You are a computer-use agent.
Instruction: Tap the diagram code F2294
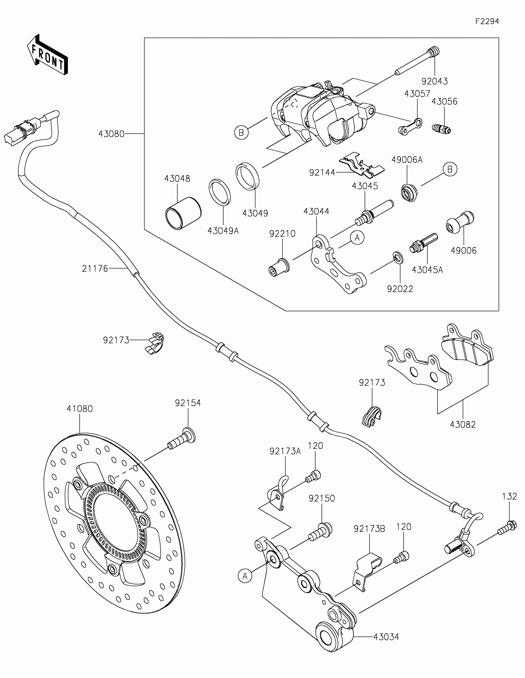(487, 21)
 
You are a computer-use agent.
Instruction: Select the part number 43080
(111, 134)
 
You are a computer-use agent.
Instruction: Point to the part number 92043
(434, 81)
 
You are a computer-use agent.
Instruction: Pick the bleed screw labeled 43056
(442, 128)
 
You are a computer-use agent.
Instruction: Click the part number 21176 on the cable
(95, 268)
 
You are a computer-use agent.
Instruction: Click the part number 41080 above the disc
(80, 409)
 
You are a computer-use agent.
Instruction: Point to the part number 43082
(463, 425)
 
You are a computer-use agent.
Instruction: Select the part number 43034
(386, 637)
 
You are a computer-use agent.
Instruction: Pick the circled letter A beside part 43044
(357, 238)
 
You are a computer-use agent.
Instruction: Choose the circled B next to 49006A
(450, 169)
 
